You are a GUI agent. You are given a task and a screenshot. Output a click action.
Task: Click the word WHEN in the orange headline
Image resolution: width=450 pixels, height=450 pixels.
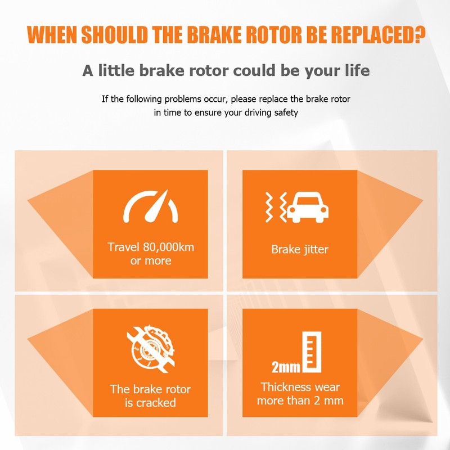[x=52, y=35]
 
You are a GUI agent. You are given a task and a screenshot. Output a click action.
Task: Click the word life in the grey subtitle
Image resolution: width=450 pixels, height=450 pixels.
[x=357, y=70]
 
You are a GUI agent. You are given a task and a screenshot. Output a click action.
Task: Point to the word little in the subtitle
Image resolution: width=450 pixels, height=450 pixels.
[x=116, y=70]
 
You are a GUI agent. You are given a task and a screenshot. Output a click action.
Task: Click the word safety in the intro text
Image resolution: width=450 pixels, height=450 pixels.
[x=286, y=112]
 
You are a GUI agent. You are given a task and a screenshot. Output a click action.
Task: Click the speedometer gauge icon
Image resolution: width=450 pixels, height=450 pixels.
[x=151, y=206]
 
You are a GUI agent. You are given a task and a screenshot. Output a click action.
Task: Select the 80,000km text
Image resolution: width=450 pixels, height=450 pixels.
[x=168, y=247]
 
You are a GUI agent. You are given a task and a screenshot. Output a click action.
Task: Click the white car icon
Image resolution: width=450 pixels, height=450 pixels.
[x=308, y=207]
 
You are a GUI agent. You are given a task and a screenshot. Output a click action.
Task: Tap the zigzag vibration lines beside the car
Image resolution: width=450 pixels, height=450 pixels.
[x=276, y=207]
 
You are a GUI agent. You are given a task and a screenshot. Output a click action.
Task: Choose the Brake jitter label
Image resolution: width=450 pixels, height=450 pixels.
[x=300, y=249]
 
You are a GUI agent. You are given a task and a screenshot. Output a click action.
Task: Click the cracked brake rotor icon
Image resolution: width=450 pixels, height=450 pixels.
[x=151, y=349]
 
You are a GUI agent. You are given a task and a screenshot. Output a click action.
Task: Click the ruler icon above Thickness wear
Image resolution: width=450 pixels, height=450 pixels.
[x=312, y=352]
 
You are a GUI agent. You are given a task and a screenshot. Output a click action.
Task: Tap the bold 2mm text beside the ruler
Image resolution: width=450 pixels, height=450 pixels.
[x=286, y=367]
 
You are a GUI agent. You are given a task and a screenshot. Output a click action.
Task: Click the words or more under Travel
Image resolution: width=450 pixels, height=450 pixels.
[x=151, y=261]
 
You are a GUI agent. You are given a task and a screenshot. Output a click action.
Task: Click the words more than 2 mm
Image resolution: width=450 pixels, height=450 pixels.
[x=300, y=400]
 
